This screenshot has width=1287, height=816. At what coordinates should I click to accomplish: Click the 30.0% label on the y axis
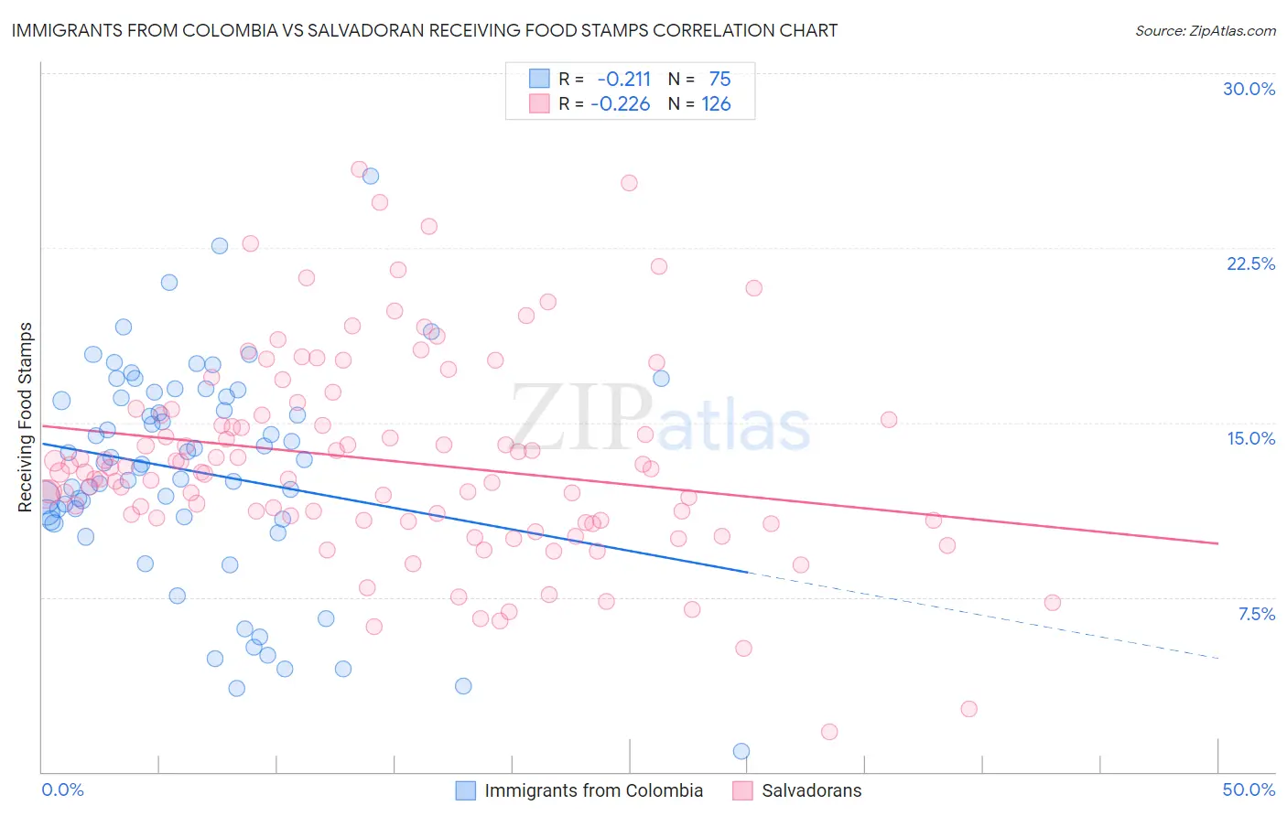pos(1249,89)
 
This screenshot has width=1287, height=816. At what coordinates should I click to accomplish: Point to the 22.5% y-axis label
pos(1250,263)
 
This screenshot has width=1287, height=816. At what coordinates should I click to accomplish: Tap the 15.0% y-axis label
pos(1250,438)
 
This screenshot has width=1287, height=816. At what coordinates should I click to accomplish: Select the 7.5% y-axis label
pos(1256,614)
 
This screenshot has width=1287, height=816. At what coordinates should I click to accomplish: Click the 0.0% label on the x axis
pos(62,789)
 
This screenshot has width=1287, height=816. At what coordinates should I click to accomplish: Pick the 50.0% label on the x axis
pos(1249,789)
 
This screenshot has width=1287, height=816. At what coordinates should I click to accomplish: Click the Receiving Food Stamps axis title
pos(26,417)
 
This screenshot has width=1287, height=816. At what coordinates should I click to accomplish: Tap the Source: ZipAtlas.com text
pos(1205,30)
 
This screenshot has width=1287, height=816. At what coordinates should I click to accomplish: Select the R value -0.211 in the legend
pos(623,80)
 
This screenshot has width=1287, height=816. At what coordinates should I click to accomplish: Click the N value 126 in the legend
pos(716,104)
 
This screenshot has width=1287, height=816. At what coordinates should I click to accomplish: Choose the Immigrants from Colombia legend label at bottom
pos(593,790)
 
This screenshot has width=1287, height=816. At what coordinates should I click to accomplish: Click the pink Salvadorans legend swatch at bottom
pos(742,790)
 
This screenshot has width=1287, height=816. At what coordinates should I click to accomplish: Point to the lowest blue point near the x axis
pos(741,751)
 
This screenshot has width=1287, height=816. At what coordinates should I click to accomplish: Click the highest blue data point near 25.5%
pos(371,176)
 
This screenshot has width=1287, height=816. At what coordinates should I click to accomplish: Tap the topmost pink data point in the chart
pos(360,169)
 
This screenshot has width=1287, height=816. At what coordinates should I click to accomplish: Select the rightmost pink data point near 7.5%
pos(1052,602)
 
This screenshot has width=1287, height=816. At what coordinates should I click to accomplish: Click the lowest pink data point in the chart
pos(829,732)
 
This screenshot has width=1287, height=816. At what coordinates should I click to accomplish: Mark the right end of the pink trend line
pos(1217,543)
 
